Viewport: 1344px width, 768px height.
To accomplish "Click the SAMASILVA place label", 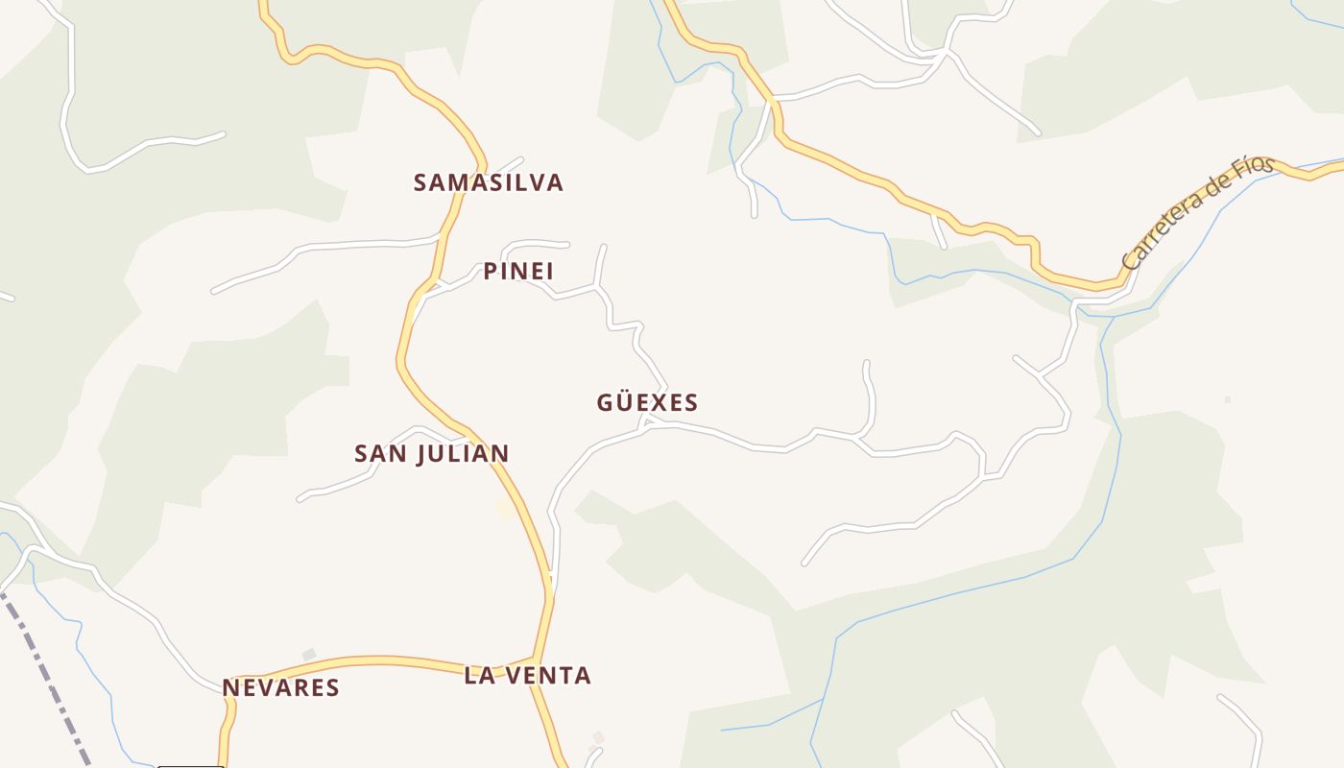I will coord(488,182).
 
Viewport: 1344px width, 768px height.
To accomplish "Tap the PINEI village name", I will coord(518,272).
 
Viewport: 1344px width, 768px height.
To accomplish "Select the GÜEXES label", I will coord(647,402).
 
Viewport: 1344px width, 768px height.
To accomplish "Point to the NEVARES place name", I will coord(280,687).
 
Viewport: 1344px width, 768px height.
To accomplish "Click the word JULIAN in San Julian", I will coord(463,453).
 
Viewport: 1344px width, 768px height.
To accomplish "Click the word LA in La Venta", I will coord(479,676).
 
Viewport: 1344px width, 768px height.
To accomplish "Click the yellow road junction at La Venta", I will coord(536,660).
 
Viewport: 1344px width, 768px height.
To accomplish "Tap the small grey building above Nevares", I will coord(309,655).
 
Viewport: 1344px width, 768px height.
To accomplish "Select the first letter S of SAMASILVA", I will coord(420,182).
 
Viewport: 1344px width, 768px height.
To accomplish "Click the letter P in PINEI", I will coord(491,272).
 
